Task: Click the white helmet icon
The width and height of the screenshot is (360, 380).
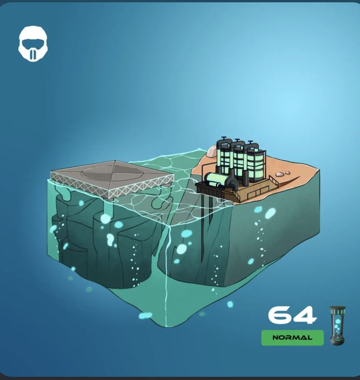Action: click(x=33, y=44)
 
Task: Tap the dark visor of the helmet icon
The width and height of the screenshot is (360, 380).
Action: click(x=33, y=44)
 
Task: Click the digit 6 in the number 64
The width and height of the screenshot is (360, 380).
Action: click(x=281, y=315)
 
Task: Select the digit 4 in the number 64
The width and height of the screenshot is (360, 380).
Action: click(x=305, y=315)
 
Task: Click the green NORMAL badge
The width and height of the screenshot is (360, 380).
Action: click(x=292, y=338)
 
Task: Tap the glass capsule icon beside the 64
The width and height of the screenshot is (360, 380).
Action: click(x=338, y=325)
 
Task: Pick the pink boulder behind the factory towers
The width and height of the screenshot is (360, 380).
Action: click(x=212, y=151)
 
